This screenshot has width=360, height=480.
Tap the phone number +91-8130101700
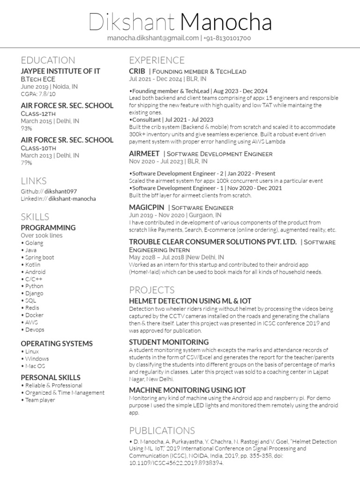click(x=228, y=38)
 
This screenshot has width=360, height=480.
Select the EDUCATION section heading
click(x=48, y=60)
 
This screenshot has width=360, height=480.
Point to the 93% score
click(x=26, y=128)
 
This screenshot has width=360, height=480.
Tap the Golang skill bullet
click(x=33, y=243)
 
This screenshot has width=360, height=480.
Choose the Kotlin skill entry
click(x=33, y=264)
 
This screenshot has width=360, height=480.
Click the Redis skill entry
click(x=33, y=307)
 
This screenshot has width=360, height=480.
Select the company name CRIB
click(x=137, y=71)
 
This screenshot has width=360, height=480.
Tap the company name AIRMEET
click(x=144, y=153)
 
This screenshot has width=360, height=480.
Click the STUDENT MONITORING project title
click(x=169, y=342)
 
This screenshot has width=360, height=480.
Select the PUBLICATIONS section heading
click(x=162, y=430)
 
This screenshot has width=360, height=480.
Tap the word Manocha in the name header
click(x=225, y=22)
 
